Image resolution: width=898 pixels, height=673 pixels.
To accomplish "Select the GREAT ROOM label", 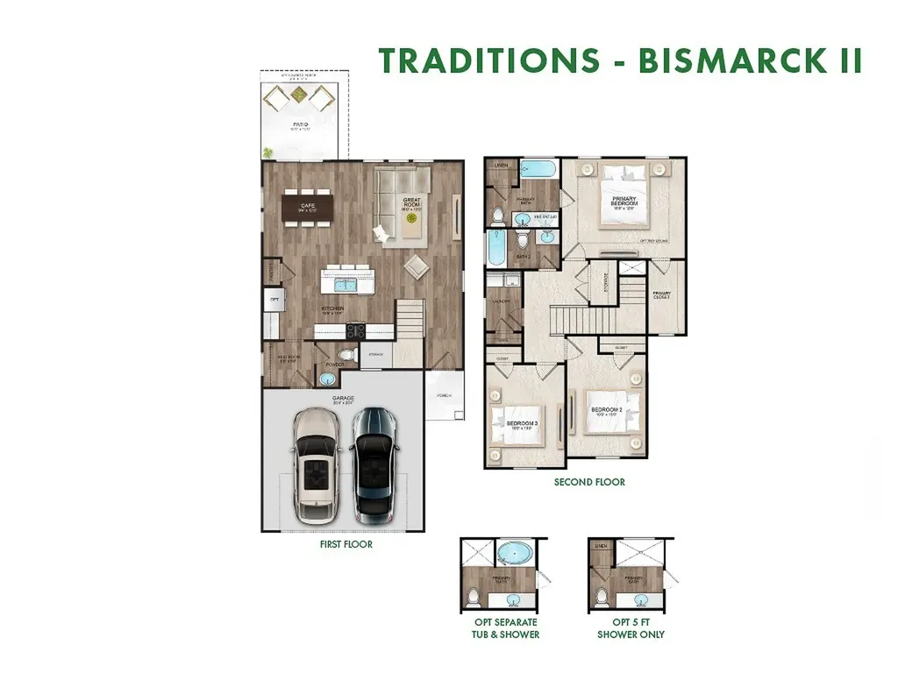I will point(411,203).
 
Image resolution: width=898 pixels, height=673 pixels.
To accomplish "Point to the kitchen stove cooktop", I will point(358,330).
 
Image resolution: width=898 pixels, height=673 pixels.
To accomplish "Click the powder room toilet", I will point(345,355).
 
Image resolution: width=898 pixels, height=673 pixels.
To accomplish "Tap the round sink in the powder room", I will point(327,379).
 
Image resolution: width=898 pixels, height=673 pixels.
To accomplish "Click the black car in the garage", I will point(374,463).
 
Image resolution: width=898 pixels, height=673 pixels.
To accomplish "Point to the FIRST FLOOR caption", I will point(346,544).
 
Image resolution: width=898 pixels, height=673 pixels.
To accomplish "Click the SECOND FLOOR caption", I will point(589,482).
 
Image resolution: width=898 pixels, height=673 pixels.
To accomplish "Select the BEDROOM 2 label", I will point(606,412).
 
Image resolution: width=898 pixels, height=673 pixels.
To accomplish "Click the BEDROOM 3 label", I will point(523,426).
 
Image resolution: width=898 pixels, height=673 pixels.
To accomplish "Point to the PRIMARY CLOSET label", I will point(661,295).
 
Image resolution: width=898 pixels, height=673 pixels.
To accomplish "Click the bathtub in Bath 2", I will point(495,249).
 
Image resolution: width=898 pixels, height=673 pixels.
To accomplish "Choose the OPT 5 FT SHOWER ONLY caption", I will point(631,627).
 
